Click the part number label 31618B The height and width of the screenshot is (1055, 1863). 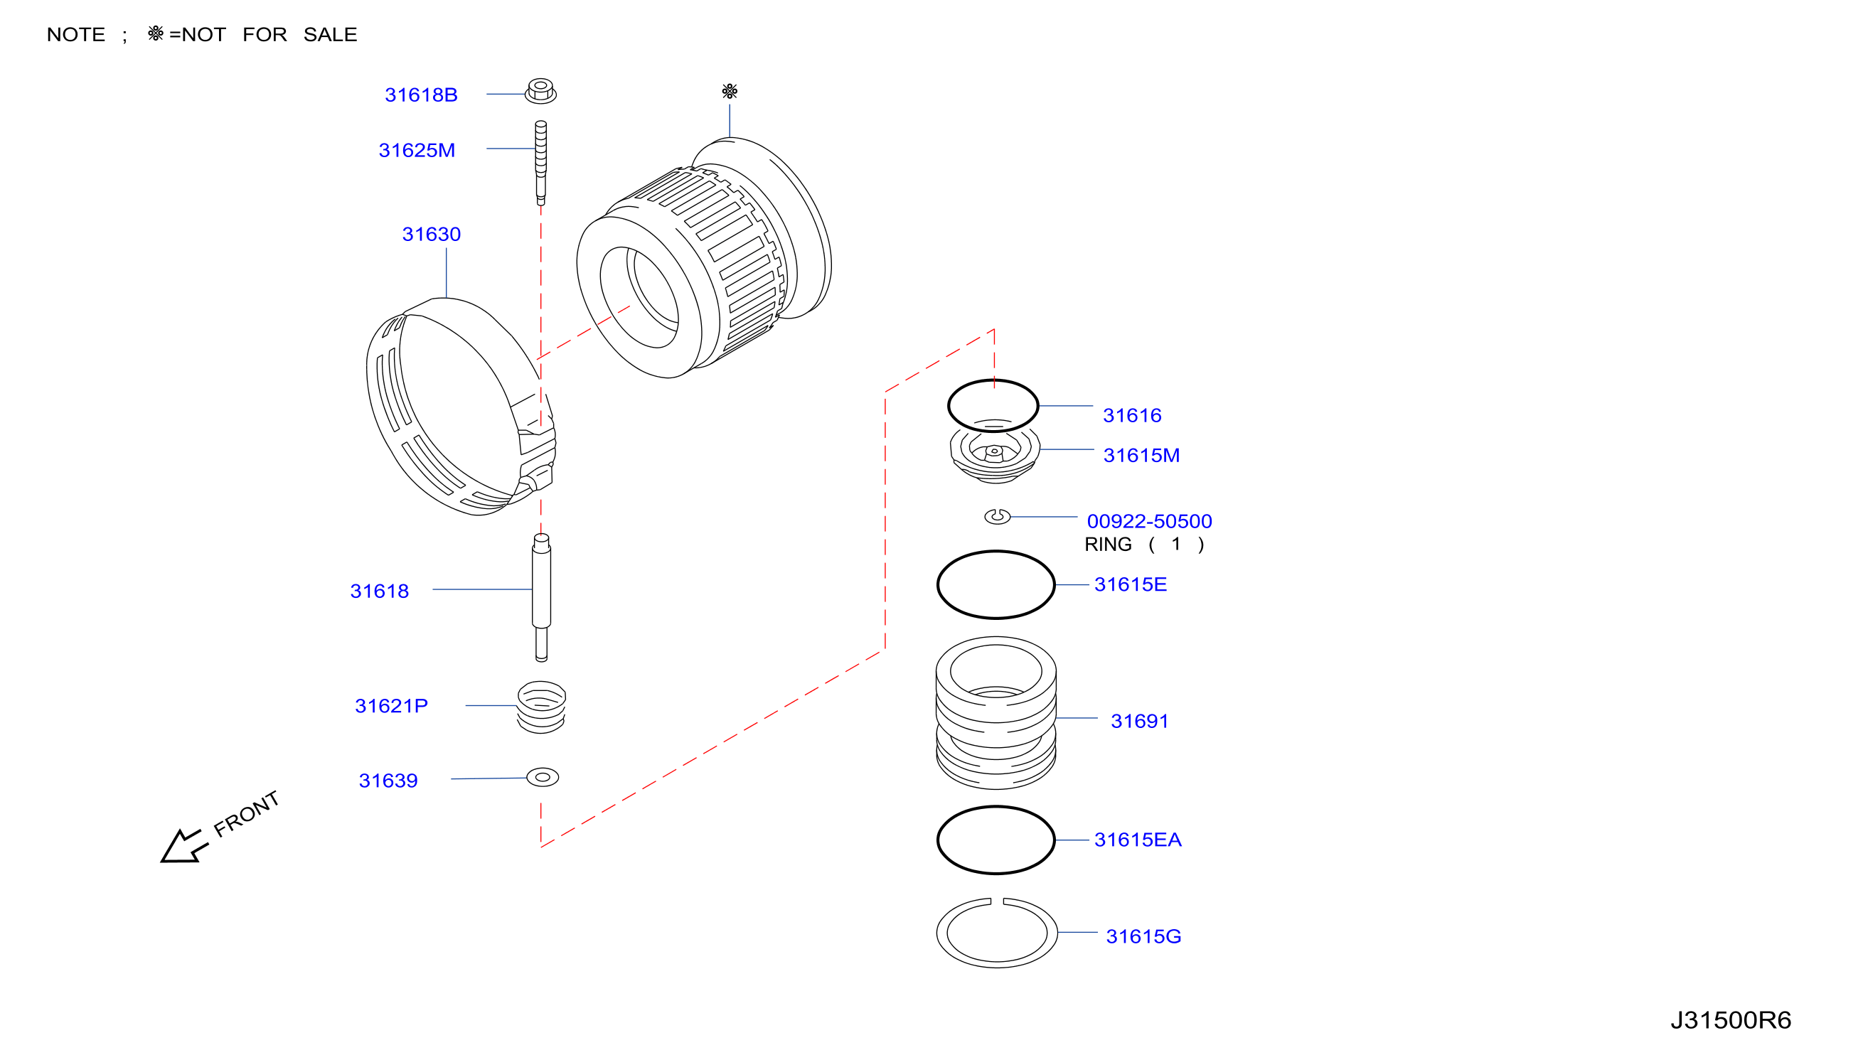click(x=421, y=95)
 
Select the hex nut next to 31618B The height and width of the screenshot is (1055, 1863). click(x=540, y=91)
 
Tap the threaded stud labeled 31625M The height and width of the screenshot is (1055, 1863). click(x=540, y=163)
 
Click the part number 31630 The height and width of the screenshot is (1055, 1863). click(x=431, y=234)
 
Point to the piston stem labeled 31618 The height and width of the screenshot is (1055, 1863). click(x=541, y=597)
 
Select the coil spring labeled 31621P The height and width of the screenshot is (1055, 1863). click(x=541, y=707)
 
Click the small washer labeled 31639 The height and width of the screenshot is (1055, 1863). click(x=543, y=778)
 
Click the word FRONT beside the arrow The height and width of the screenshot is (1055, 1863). click(x=246, y=813)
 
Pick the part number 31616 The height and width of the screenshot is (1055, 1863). click(x=1132, y=415)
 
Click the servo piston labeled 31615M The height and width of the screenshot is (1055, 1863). click(x=995, y=455)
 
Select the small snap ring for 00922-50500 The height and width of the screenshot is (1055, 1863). click(x=997, y=516)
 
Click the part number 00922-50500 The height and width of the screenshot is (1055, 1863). click(x=1149, y=521)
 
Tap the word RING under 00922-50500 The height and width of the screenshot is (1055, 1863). click(x=1108, y=544)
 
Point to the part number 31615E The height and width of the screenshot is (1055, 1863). click(x=1131, y=584)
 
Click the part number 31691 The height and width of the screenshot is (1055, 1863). click(x=1140, y=721)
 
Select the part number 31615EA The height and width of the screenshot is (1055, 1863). click(x=1138, y=839)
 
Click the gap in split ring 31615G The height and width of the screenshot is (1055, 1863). click(x=997, y=902)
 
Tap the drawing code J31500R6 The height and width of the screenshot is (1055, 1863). click(x=1731, y=1020)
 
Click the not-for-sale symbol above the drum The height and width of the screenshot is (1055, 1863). click(x=730, y=91)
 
